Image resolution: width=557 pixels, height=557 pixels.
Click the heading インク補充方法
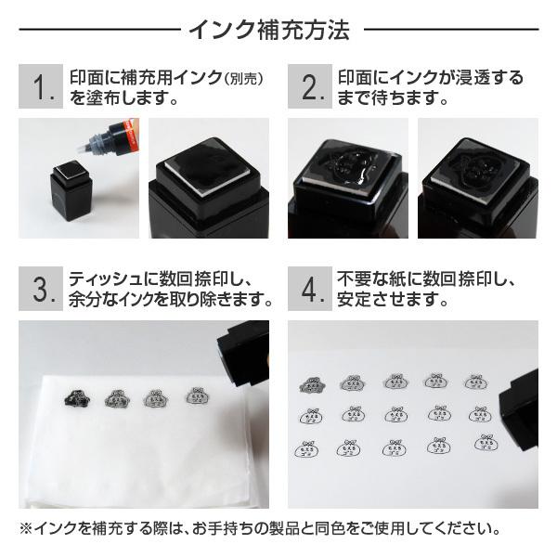[269, 30]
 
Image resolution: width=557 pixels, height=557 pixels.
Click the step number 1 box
[41, 86]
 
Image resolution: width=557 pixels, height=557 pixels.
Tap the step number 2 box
[310, 86]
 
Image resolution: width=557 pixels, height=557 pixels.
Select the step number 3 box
[41, 289]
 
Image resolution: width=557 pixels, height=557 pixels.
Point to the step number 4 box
[310, 289]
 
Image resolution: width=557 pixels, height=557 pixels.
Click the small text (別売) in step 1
[243, 79]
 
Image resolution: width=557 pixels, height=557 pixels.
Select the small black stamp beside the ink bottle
[71, 191]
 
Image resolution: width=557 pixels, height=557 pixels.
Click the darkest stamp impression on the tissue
[77, 398]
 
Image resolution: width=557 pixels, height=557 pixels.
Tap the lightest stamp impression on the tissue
[198, 395]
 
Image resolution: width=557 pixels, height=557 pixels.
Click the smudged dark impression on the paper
[312, 384]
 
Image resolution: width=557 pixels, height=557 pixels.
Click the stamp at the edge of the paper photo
[519, 409]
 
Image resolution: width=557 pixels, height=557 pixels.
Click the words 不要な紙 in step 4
[371, 279]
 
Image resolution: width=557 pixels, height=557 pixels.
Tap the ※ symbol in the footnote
[26, 529]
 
